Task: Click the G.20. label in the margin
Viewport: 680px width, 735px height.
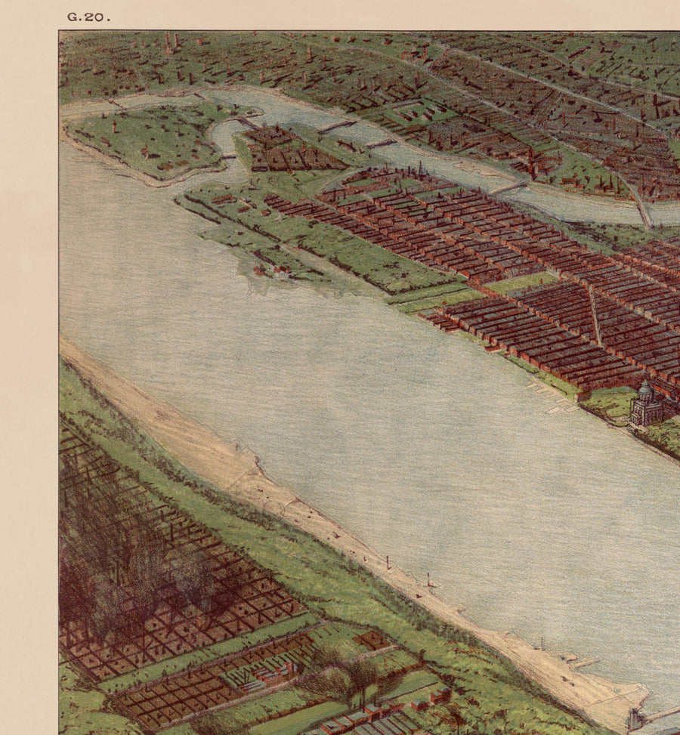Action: pos(88,17)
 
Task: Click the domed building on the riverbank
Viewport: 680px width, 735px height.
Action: pos(647,406)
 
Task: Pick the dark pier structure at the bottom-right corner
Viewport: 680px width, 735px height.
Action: pos(636,718)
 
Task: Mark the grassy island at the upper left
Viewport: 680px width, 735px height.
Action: pos(147,140)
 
